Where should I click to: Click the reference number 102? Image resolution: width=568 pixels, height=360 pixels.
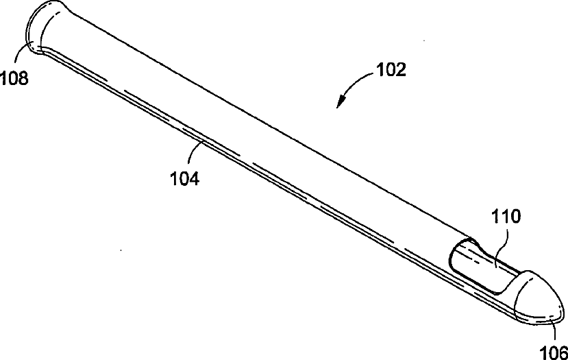coord(391,70)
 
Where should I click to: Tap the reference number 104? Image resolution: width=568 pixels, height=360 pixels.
coord(185,179)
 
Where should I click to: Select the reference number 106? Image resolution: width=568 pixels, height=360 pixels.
coord(554,352)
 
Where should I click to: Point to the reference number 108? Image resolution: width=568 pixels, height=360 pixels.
coord(14,78)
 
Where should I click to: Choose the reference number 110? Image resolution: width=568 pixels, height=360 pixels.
coord(506,217)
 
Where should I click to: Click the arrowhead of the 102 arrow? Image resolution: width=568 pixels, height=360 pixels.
coord(340,102)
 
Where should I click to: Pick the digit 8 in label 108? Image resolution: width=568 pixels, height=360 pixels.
coord(23,78)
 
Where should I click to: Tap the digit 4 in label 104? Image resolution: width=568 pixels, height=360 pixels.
coord(194,179)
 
